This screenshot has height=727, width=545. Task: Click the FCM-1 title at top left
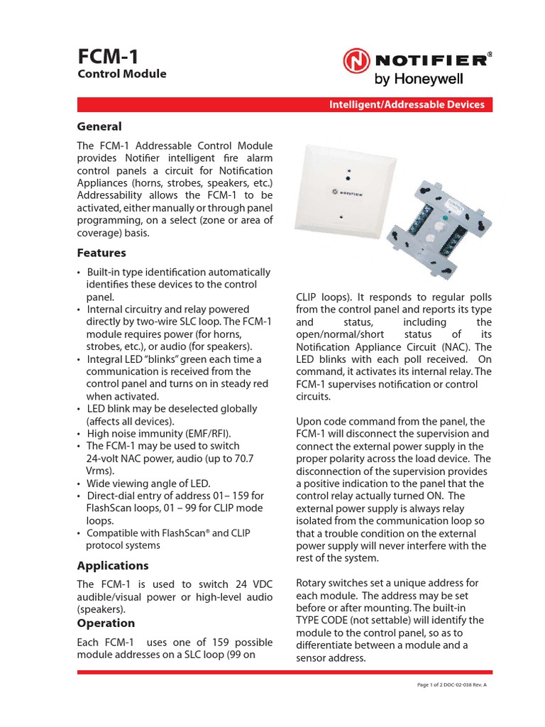pos(107,55)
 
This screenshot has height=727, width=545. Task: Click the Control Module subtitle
pos(121,74)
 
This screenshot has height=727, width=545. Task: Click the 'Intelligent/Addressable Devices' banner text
pos(406,104)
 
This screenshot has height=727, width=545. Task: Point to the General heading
pos(99,126)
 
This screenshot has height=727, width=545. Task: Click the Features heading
pos(101,253)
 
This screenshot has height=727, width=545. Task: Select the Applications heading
pos(112,566)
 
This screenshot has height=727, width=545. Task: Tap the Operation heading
pos(105,623)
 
